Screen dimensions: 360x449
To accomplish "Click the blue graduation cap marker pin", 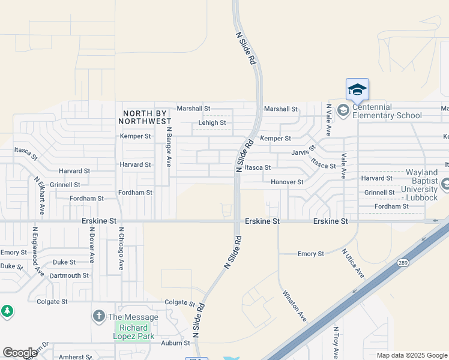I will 357,90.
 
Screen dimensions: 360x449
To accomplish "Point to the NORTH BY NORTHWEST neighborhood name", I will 147,117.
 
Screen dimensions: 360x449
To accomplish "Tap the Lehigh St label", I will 212,123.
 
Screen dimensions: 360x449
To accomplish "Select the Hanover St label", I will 287,182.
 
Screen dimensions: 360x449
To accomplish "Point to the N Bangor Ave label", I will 169,146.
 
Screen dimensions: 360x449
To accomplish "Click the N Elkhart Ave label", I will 39,196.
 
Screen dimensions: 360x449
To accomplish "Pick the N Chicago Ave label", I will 121,248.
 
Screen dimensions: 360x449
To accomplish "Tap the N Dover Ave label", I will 91,245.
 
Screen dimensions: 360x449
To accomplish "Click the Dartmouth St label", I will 69,275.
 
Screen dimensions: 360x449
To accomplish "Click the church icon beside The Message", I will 99,316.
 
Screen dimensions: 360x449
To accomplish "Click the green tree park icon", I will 7,311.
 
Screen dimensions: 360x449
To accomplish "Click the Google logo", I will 20,353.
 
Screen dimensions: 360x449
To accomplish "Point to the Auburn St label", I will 175,343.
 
